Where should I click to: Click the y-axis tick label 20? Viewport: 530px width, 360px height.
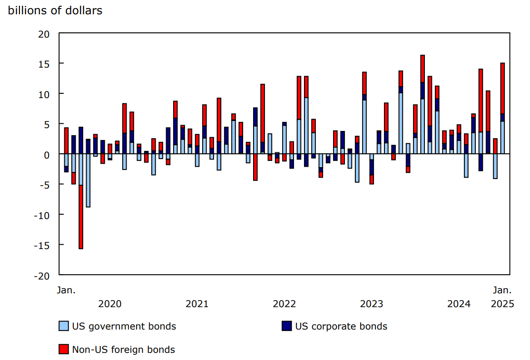click(44, 34)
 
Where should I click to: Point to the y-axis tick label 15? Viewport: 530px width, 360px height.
click(44, 64)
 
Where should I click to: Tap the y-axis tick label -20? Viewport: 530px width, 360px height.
click(42, 275)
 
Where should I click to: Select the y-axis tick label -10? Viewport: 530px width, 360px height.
click(42, 215)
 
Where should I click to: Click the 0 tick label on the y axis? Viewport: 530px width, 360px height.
click(47, 154)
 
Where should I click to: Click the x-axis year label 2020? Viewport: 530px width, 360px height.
click(109, 304)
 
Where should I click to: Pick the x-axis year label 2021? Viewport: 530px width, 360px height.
click(196, 304)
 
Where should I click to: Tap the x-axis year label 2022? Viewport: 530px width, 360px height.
click(284, 304)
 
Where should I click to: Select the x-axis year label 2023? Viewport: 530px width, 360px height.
click(372, 304)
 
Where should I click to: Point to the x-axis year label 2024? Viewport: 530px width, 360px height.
click(459, 304)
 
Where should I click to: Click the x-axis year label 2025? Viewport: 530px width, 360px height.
click(502, 304)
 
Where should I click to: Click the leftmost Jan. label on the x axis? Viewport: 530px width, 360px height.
click(66, 290)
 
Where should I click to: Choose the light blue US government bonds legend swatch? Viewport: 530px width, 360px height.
click(63, 326)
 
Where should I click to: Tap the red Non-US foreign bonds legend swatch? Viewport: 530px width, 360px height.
click(63, 350)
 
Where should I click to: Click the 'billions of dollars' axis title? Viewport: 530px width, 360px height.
click(55, 10)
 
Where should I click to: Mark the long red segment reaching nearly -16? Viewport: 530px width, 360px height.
click(81, 217)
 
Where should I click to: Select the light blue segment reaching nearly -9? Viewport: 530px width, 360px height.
click(88, 181)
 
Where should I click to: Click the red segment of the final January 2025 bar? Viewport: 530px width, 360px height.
click(502, 88)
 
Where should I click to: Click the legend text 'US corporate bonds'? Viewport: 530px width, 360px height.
click(341, 326)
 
